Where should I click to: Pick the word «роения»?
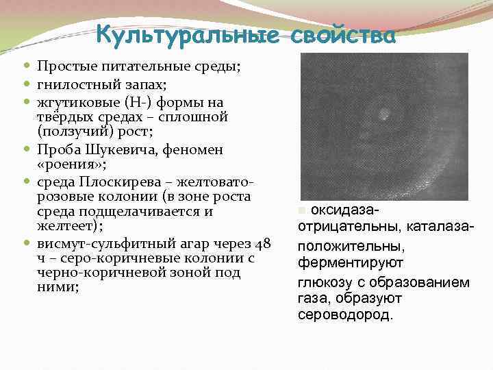(x=67, y=165)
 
